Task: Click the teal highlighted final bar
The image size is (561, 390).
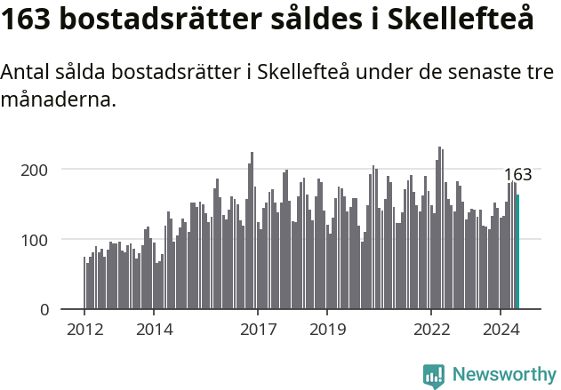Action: (x=517, y=252)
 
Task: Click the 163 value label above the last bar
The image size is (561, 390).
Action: (x=517, y=175)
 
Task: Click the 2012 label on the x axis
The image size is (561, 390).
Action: (x=84, y=329)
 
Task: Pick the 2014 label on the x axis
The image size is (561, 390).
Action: (x=154, y=329)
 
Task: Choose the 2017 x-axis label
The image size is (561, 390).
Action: (x=258, y=329)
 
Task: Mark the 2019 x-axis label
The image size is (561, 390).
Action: (x=327, y=329)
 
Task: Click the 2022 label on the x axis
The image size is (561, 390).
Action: (x=431, y=329)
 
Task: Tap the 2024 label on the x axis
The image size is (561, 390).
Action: (x=501, y=329)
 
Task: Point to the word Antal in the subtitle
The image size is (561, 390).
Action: (x=26, y=74)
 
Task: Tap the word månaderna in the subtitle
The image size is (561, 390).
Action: (x=58, y=100)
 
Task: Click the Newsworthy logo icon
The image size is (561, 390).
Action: (x=434, y=375)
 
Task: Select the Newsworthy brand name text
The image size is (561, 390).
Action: (x=503, y=375)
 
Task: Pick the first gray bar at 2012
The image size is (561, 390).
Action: (x=84, y=283)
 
